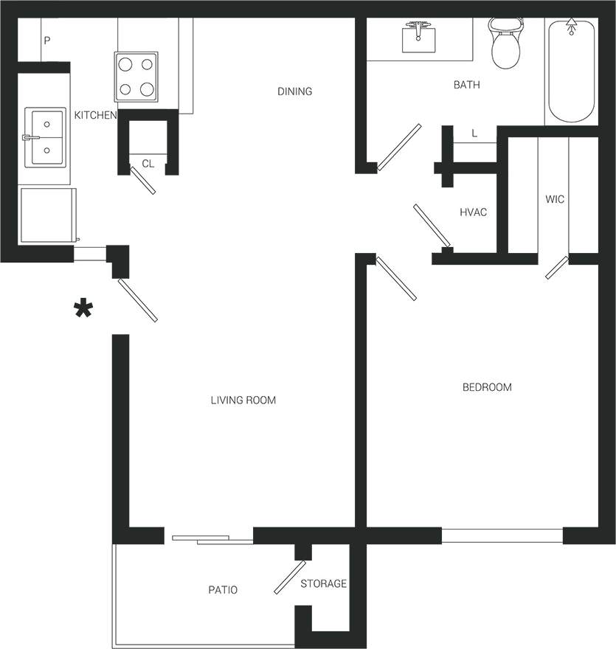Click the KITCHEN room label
[95, 115]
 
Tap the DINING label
[294, 91]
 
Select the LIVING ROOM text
[243, 400]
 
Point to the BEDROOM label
[487, 387]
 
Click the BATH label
[466, 85]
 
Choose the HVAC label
[473, 212]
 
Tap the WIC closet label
[555, 199]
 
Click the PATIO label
[223, 590]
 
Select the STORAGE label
[323, 583]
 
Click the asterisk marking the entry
[83, 310]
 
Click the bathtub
[570, 72]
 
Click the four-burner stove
[136, 76]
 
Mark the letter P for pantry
[46, 41]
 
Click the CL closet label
[148, 164]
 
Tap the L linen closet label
[474, 133]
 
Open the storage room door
[290, 577]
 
